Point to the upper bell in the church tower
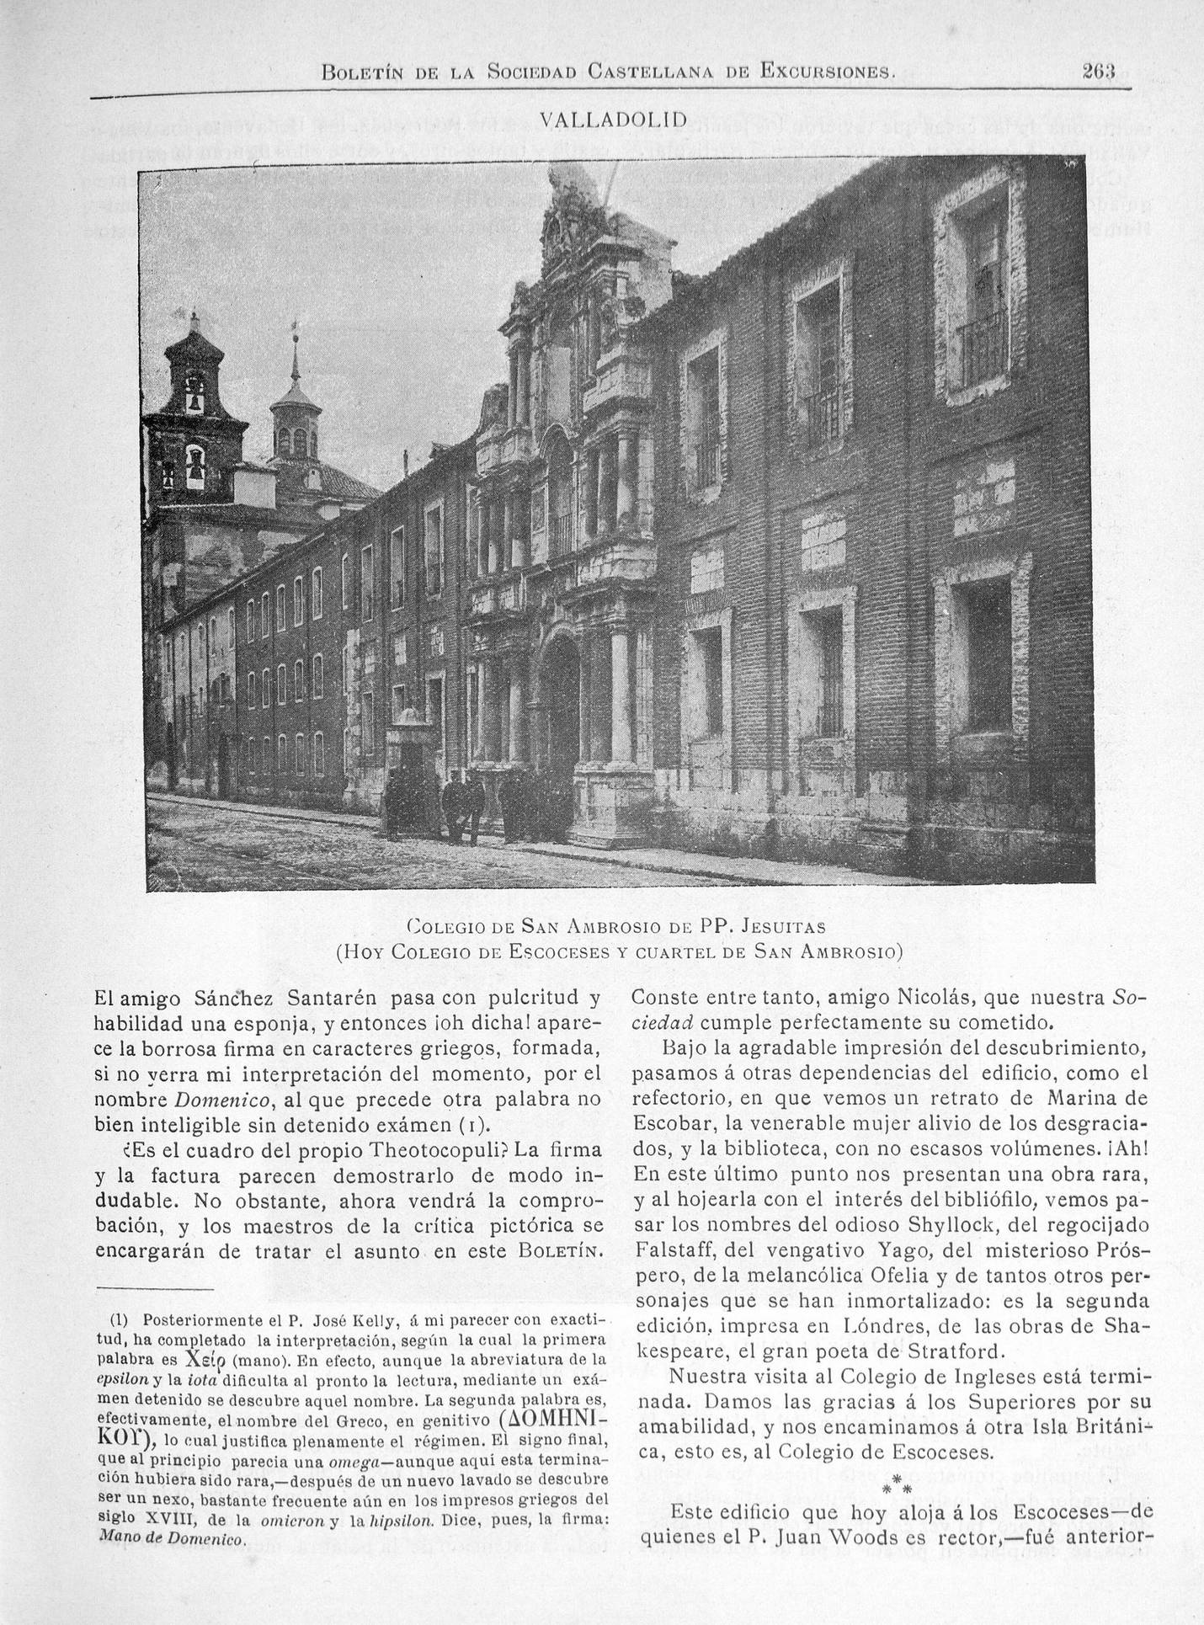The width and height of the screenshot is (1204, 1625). coord(194,402)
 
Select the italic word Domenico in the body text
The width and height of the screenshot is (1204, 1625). coord(223,1100)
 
